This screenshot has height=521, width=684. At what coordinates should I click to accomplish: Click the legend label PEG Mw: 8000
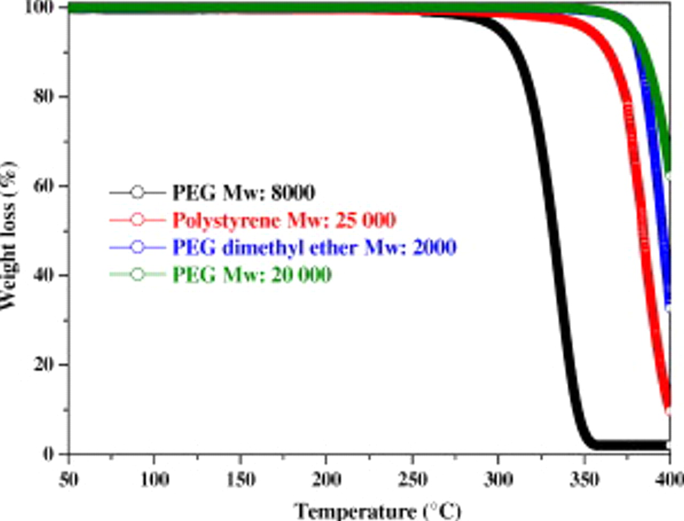pyautogui.click(x=243, y=192)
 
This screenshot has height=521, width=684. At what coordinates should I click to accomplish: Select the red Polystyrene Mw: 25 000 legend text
pyautogui.click(x=284, y=220)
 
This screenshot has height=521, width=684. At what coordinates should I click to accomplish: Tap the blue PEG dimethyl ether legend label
pyautogui.click(x=314, y=247)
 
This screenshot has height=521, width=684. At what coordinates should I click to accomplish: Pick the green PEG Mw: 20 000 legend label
pyautogui.click(x=252, y=275)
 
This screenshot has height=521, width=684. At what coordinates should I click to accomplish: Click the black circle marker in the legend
pyautogui.click(x=137, y=192)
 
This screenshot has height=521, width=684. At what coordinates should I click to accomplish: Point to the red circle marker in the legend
pyautogui.click(x=137, y=220)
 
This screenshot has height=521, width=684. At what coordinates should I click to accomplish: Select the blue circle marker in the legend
pyautogui.click(x=137, y=247)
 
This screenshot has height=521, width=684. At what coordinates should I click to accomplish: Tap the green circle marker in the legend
pyautogui.click(x=137, y=275)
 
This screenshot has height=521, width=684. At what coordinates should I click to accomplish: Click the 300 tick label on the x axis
pyautogui.click(x=498, y=479)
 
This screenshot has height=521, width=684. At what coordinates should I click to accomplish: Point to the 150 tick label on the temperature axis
pyautogui.click(x=240, y=479)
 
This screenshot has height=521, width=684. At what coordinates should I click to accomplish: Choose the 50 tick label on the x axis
pyautogui.click(x=68, y=479)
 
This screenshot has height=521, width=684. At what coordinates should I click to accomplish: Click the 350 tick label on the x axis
pyautogui.click(x=584, y=479)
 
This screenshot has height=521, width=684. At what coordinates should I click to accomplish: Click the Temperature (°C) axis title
pyautogui.click(x=377, y=511)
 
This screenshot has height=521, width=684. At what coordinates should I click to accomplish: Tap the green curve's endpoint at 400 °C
pyautogui.click(x=669, y=174)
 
